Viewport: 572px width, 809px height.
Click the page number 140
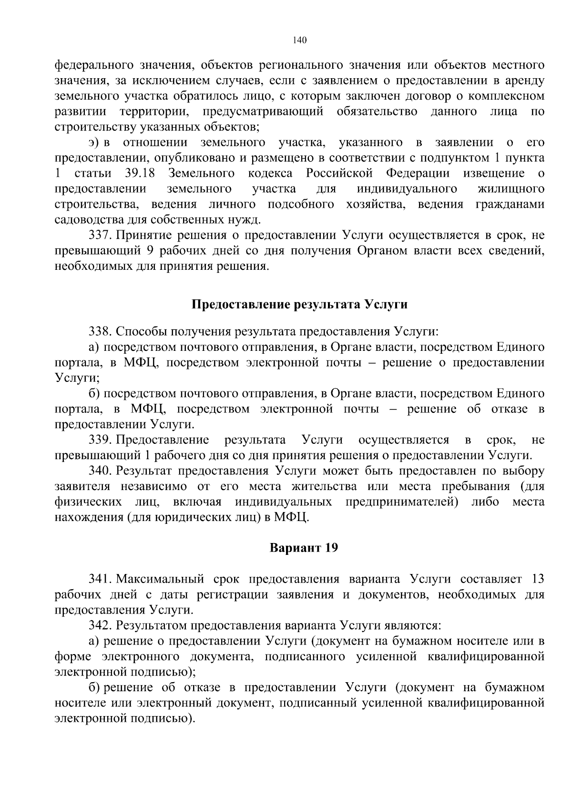click(x=300, y=40)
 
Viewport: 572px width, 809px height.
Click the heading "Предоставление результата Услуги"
click(x=299, y=305)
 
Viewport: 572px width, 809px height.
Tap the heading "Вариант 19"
click(x=304, y=548)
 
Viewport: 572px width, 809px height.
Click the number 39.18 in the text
click(x=139, y=173)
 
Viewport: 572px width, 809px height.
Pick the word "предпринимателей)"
click(x=402, y=502)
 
